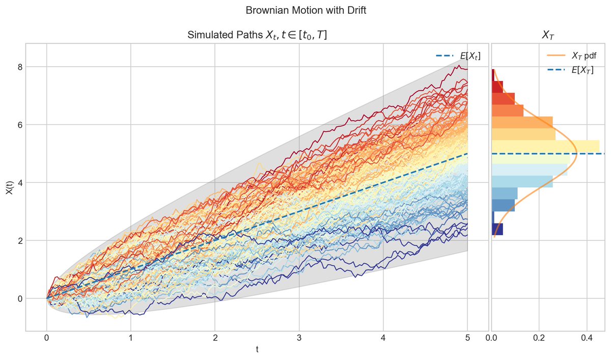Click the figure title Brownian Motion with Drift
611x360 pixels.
point(305,10)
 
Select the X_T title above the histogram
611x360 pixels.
point(548,35)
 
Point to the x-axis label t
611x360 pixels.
point(257,350)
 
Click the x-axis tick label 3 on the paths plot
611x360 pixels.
point(299,337)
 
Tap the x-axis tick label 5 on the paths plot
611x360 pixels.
point(467,337)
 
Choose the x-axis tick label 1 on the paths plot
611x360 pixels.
point(131,337)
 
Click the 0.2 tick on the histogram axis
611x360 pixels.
point(539,337)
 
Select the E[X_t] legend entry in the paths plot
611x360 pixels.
point(458,56)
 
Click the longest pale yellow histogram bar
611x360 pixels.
point(545,146)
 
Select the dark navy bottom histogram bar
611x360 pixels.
point(497,229)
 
